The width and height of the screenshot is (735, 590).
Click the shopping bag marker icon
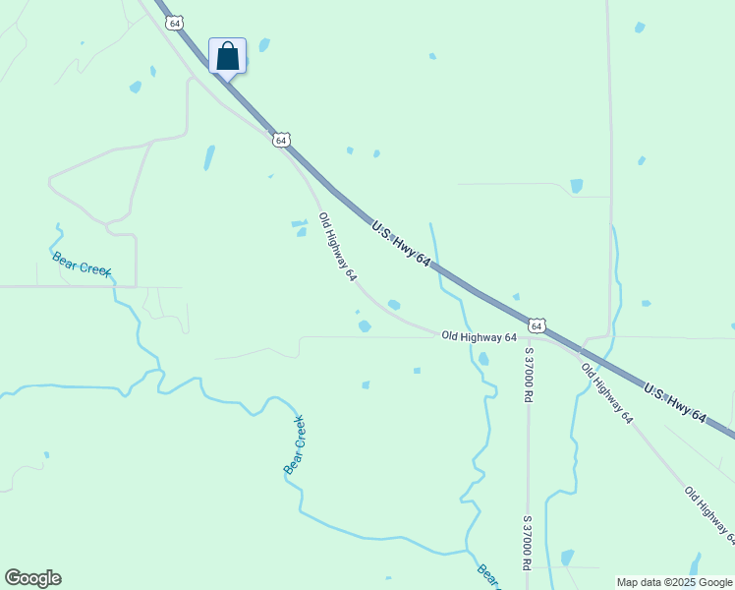(227, 56)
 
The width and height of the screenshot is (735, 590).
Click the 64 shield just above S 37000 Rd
(536, 324)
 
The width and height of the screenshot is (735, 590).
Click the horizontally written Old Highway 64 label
(479, 336)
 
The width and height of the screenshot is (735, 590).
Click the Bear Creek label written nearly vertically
(295, 445)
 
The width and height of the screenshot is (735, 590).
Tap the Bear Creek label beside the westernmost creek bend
(82, 265)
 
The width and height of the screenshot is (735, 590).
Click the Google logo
(32, 578)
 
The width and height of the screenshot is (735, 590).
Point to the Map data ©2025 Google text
(675, 582)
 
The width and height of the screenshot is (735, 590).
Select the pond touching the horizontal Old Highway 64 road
(365, 325)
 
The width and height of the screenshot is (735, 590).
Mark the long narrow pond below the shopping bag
(208, 157)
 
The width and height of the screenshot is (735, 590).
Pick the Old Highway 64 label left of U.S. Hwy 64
(338, 248)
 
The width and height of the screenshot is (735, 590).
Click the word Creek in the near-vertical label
(298, 434)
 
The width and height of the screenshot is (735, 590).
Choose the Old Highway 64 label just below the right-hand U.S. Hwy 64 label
(606, 393)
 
